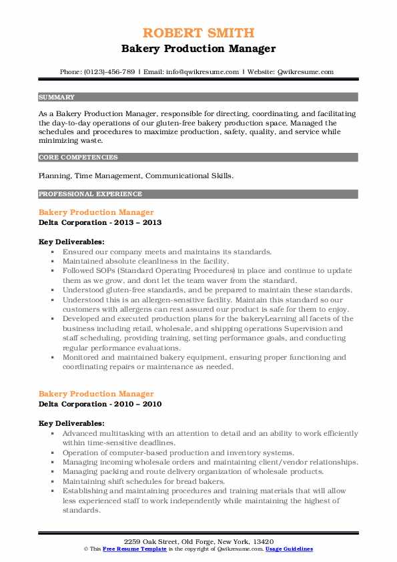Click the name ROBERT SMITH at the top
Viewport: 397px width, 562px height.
[198, 33]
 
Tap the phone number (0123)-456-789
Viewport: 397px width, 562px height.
[111, 72]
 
